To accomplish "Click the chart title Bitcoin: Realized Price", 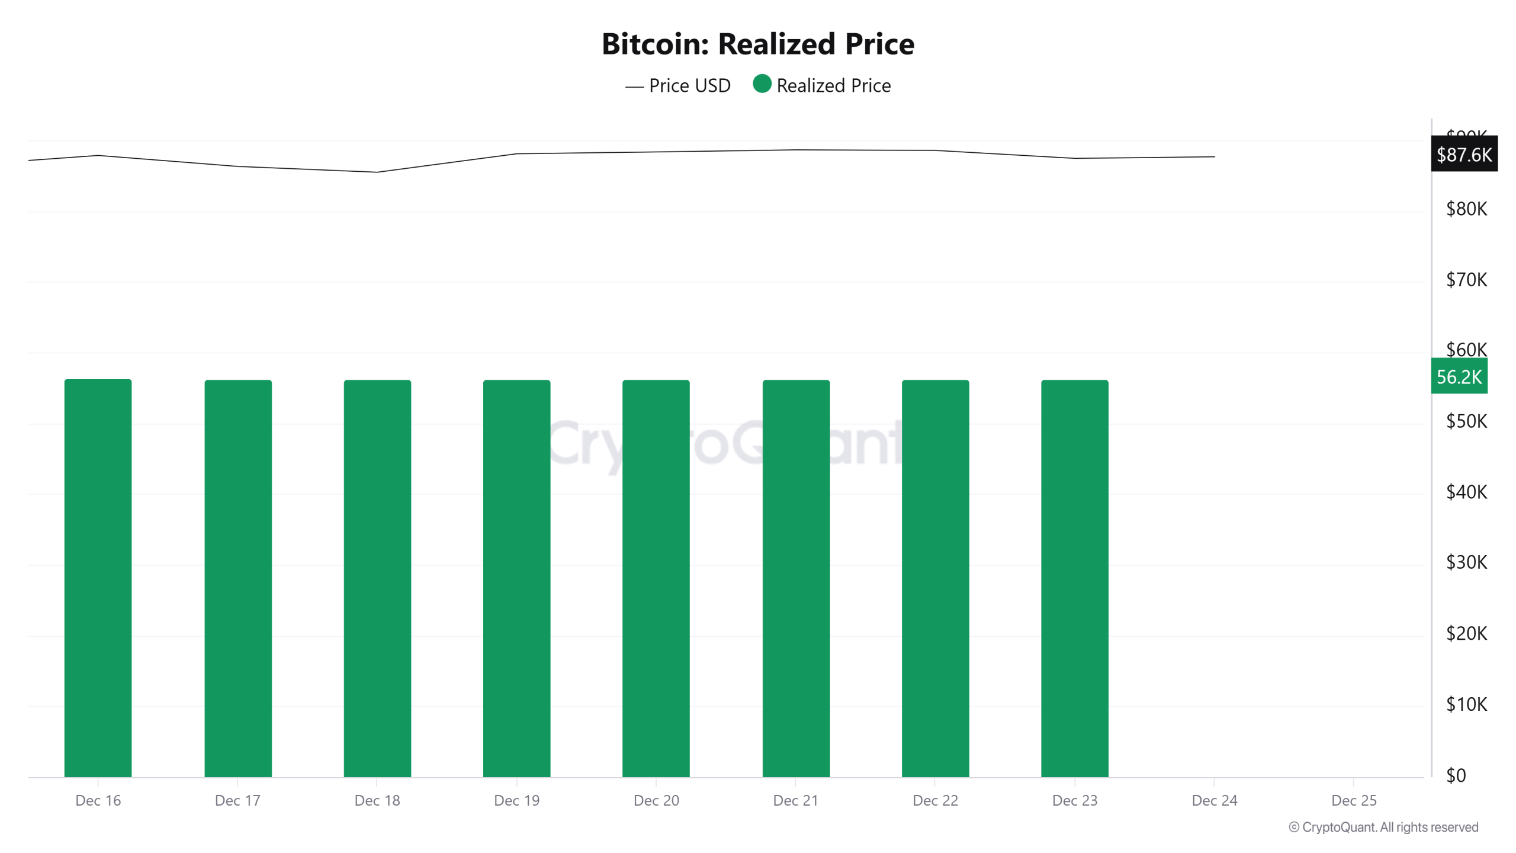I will point(757,44).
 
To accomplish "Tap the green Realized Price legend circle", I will point(762,84).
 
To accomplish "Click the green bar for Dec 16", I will point(98,578).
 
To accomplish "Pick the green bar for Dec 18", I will point(377,578).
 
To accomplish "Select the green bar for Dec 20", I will point(656,578).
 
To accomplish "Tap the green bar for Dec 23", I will point(1074,578).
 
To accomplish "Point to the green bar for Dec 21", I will point(796,578).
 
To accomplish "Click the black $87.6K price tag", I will point(1463,155).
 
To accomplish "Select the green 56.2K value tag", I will point(1459,376).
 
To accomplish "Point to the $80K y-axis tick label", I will point(1466,209).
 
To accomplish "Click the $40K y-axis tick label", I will point(1466,492).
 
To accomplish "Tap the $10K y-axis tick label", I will point(1466,704).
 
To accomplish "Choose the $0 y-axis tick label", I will point(1456,775).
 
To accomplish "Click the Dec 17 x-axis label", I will point(237,800).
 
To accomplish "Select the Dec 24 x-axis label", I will point(1214,800).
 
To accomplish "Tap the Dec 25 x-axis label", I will point(1354,800).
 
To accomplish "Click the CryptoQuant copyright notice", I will point(1383,827).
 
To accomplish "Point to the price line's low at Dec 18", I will point(377,172).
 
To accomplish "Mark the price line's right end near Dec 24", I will point(1214,157).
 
